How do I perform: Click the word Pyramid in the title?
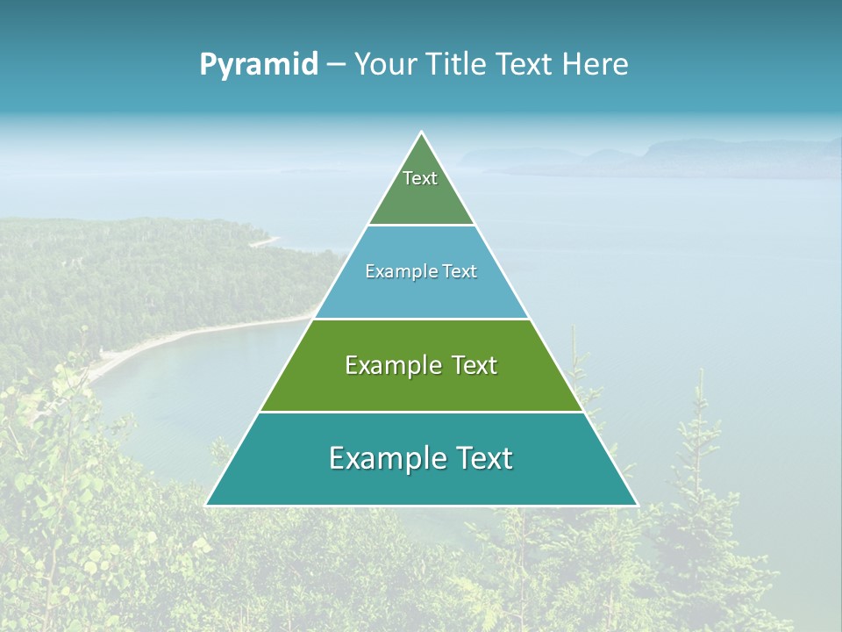pyautogui.click(x=258, y=65)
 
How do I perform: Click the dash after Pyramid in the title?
pyautogui.click(x=336, y=65)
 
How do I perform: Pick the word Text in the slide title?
pyautogui.click(x=526, y=65)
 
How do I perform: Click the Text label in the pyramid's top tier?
pyautogui.click(x=420, y=178)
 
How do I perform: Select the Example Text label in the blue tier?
pyautogui.click(x=421, y=271)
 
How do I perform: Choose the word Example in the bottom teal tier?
pyautogui.click(x=386, y=458)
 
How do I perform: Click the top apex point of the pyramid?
pyautogui.click(x=422, y=133)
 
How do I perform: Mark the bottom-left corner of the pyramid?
pyautogui.click(x=207, y=505)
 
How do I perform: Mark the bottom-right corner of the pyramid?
pyautogui.click(x=637, y=505)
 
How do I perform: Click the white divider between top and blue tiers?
pyautogui.click(x=421, y=225)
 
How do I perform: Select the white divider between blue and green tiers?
pyautogui.click(x=421, y=319)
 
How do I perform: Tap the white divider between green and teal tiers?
pyautogui.click(x=421, y=412)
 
